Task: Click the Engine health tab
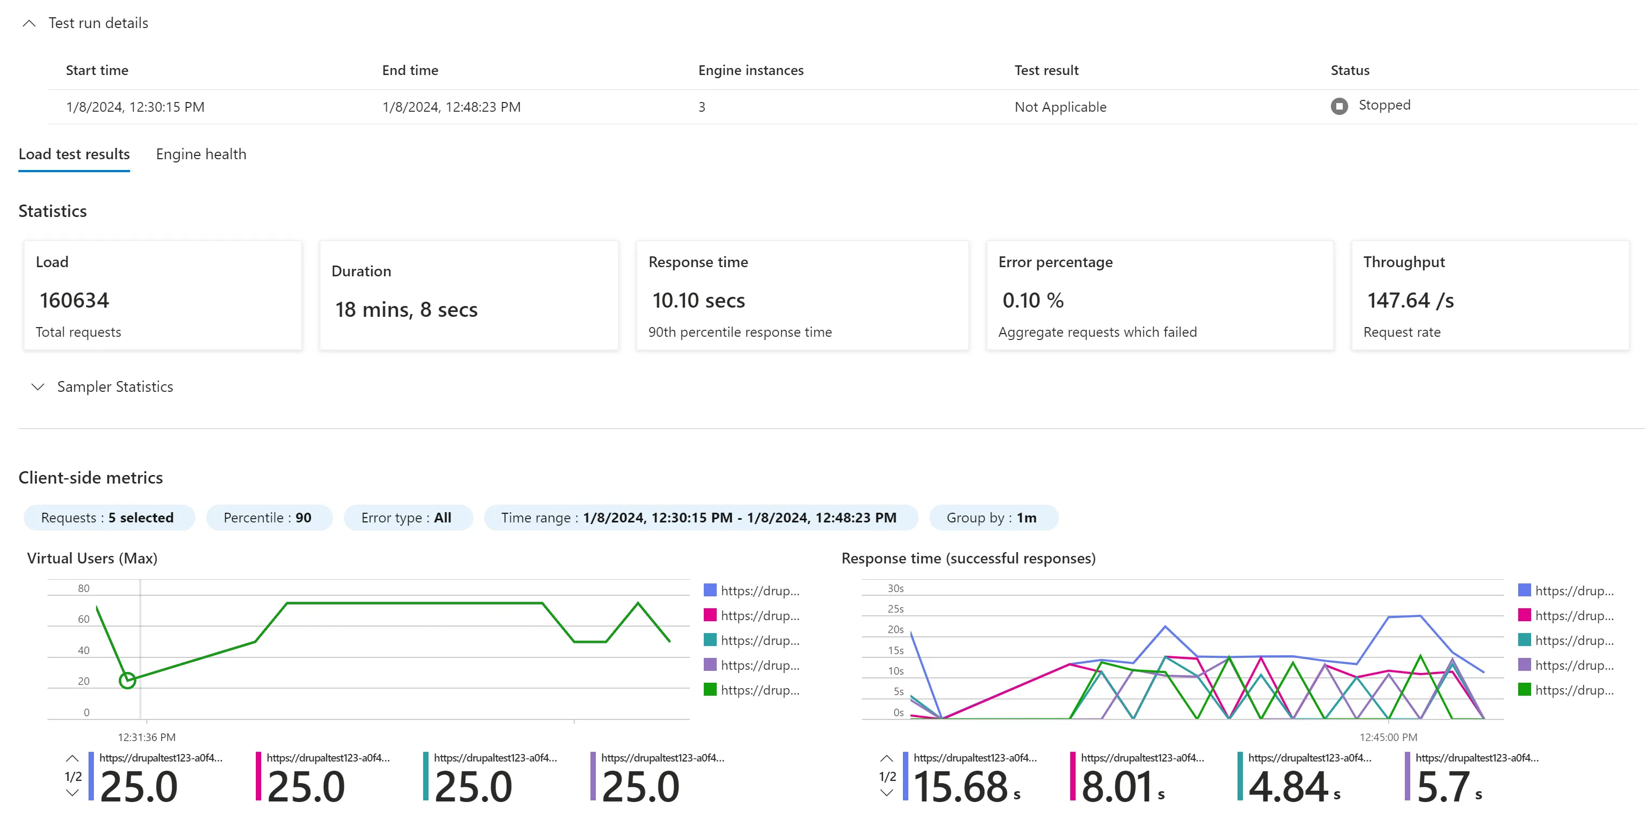(201, 154)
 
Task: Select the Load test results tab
(74, 154)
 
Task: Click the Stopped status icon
(1339, 106)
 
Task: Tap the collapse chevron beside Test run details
(29, 24)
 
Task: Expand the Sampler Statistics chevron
(38, 387)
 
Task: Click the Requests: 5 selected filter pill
(108, 518)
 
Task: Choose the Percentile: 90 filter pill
(268, 518)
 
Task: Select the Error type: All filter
(407, 518)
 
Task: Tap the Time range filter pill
(700, 518)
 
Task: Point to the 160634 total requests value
(74, 300)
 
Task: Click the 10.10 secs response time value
(698, 300)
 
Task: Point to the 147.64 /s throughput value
(1410, 300)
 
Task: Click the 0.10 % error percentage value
(1032, 300)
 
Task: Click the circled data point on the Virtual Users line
(128, 680)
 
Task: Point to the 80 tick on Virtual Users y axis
(84, 588)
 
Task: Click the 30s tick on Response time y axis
(895, 588)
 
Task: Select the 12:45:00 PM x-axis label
(1388, 737)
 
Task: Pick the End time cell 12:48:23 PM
(452, 107)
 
